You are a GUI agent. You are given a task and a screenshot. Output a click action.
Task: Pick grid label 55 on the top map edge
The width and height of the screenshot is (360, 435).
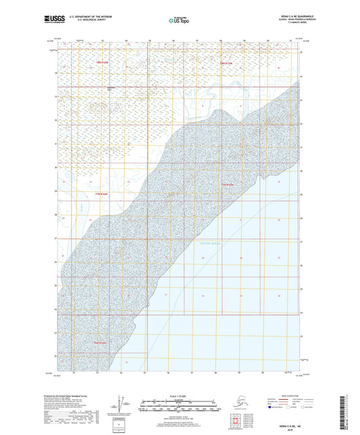150,41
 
